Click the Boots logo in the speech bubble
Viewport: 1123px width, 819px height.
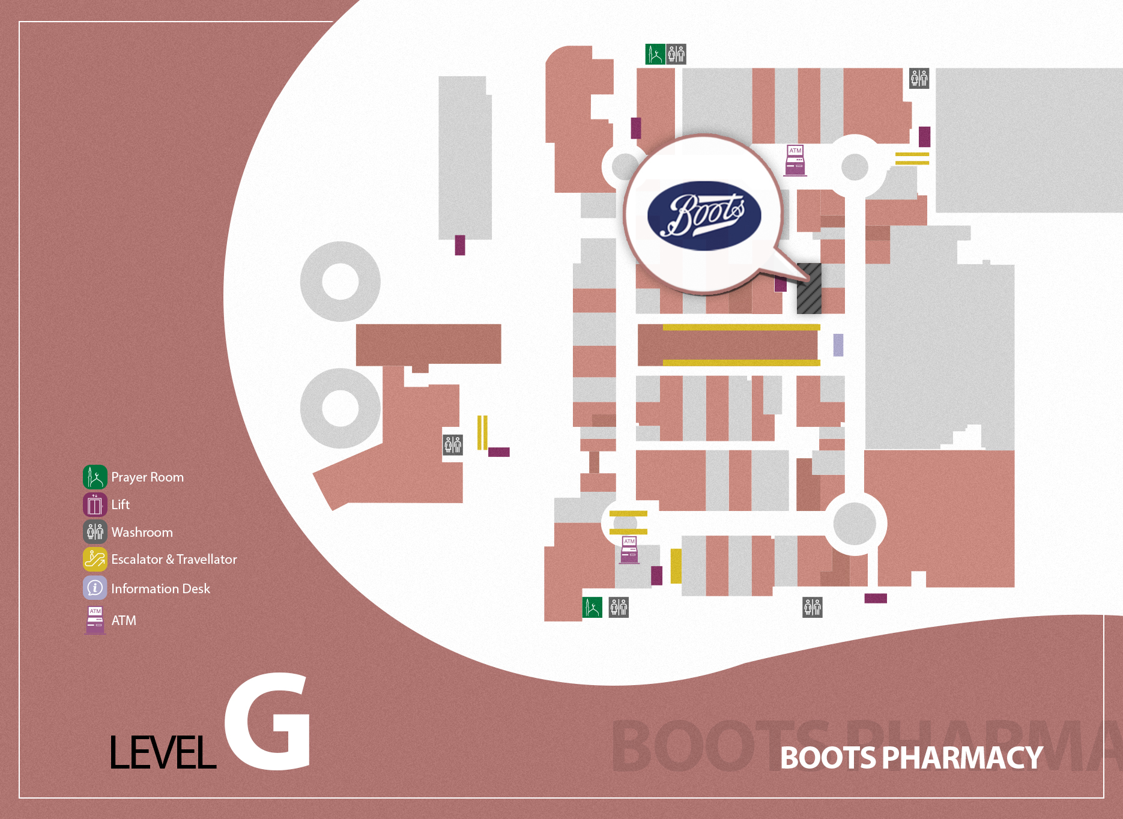(x=704, y=216)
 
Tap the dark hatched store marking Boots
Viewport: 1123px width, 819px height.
(x=809, y=288)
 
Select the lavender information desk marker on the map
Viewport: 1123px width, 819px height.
(x=838, y=345)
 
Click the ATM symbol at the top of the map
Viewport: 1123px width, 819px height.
(x=795, y=160)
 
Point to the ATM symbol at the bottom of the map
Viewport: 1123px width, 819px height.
(x=629, y=550)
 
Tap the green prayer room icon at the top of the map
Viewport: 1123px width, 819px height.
(x=655, y=54)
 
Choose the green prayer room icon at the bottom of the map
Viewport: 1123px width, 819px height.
(x=592, y=607)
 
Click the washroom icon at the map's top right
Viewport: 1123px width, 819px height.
(x=919, y=78)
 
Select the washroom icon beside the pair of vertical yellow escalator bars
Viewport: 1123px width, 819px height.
(x=453, y=445)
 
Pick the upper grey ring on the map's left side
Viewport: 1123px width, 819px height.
(x=341, y=282)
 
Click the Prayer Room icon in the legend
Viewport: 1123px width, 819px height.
(x=95, y=477)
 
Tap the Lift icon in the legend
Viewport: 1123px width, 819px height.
(x=95, y=504)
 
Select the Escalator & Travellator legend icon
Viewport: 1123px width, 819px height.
(x=95, y=559)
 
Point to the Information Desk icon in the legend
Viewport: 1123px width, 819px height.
(x=95, y=588)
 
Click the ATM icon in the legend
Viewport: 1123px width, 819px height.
(x=95, y=620)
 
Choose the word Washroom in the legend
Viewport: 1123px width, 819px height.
(x=142, y=532)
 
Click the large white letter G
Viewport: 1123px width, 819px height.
(x=268, y=722)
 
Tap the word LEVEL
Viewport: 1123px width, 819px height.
(x=163, y=752)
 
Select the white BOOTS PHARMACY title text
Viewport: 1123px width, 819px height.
(x=911, y=758)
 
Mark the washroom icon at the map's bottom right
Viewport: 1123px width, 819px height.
(x=813, y=607)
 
